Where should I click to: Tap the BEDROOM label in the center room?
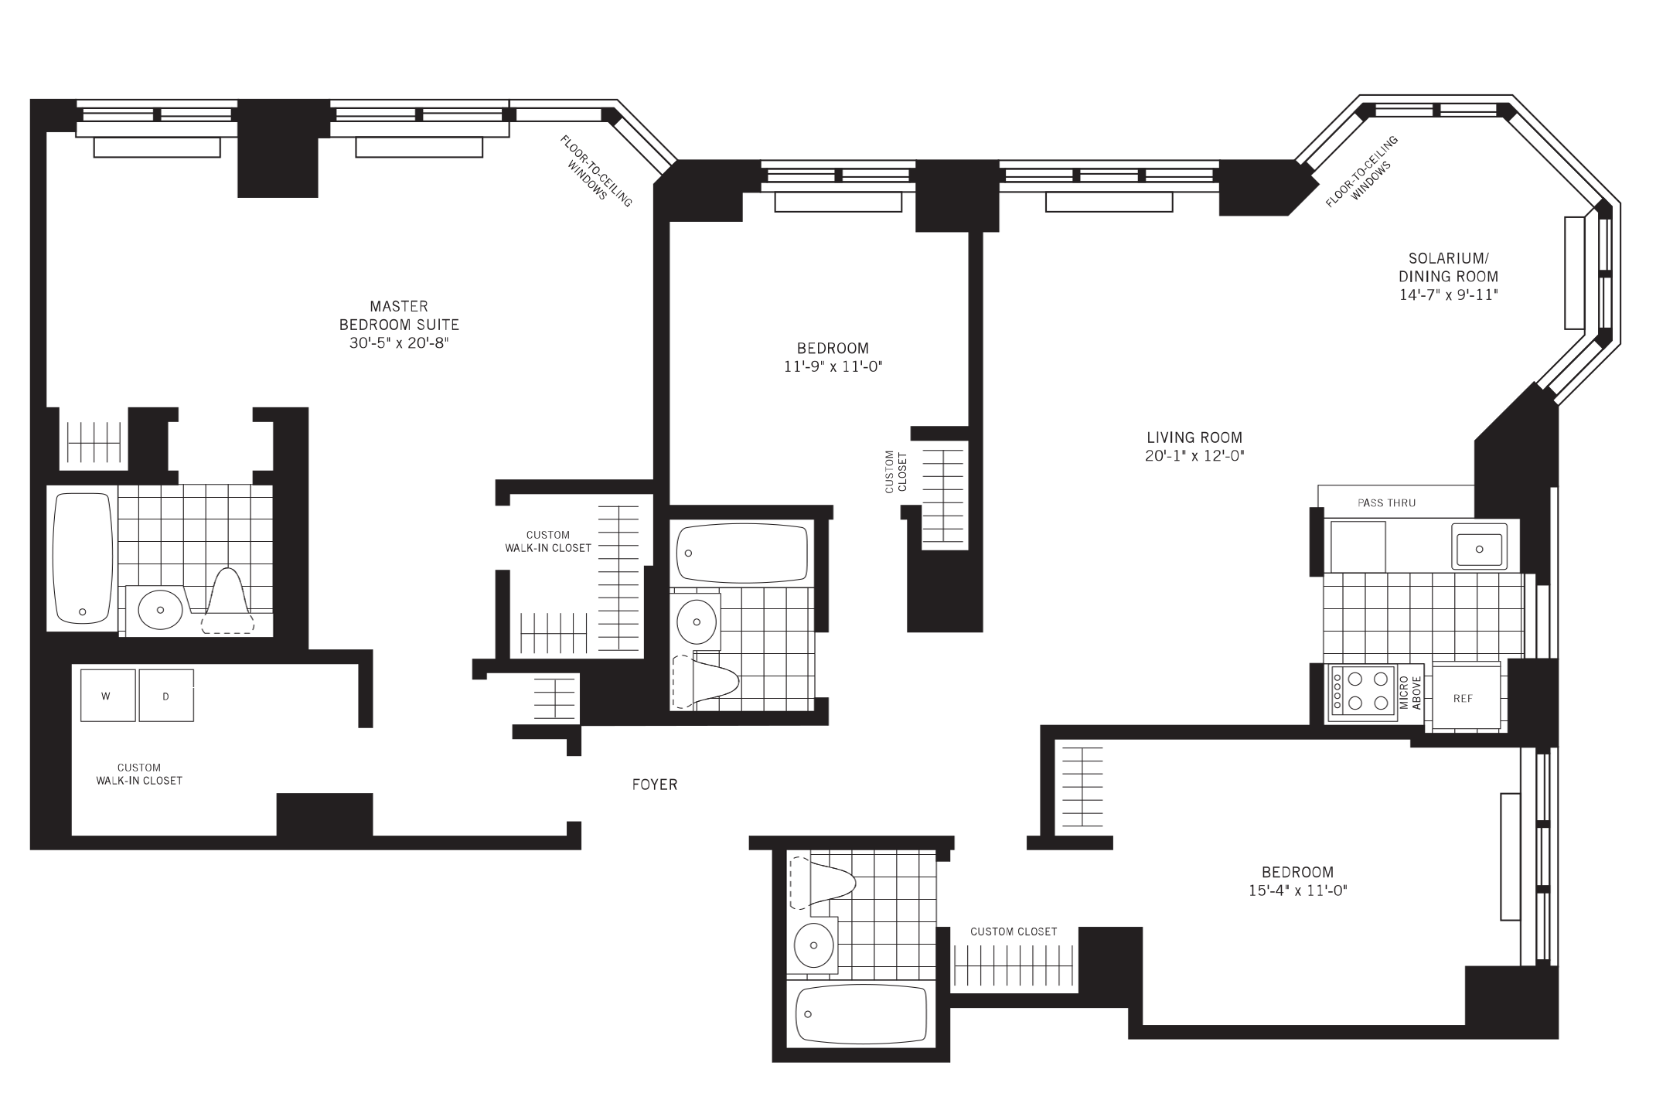pyautogui.click(x=833, y=349)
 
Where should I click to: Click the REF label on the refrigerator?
pyautogui.click(x=1463, y=698)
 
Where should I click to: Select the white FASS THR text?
pyautogui.click(x=247, y=503)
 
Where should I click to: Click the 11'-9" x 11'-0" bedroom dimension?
pyautogui.click(x=833, y=366)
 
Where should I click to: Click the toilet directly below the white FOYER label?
pyautogui.click(x=827, y=882)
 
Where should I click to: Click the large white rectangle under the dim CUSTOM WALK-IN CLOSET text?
pyautogui.click(x=553, y=564)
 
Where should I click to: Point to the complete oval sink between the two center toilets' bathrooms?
pyautogui.click(x=696, y=621)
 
